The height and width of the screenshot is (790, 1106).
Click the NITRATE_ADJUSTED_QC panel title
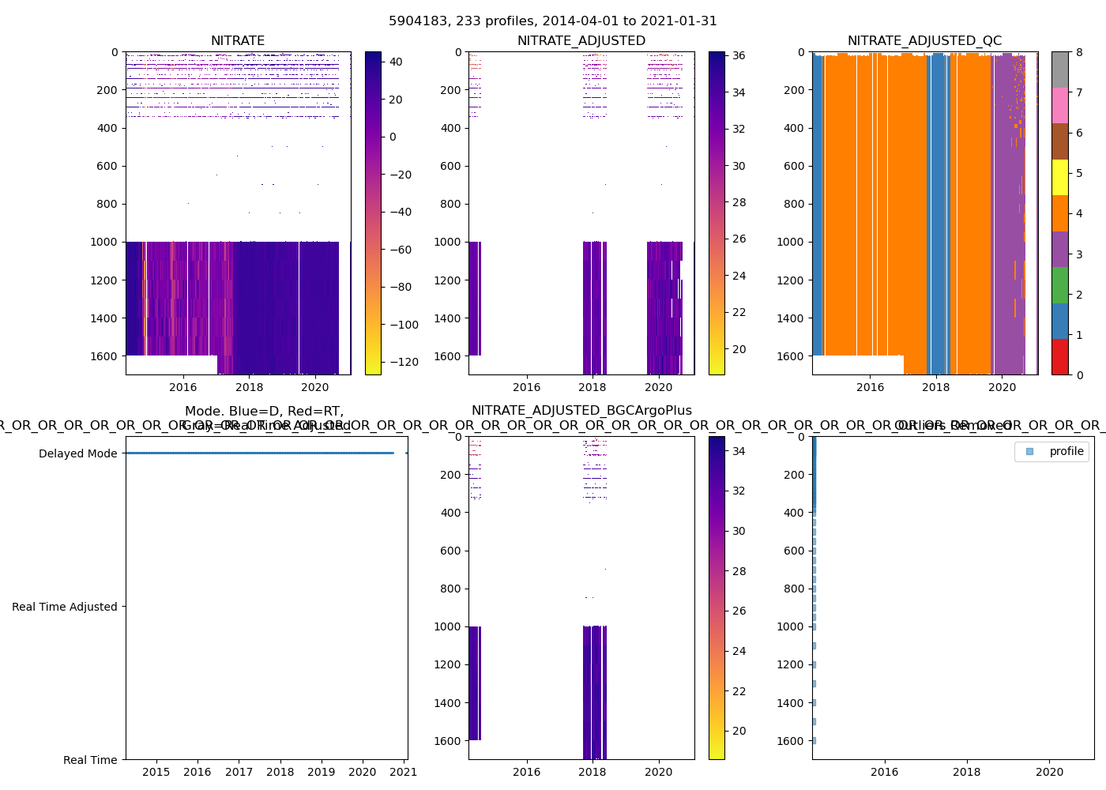(924, 41)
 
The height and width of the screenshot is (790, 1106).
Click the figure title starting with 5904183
(553, 21)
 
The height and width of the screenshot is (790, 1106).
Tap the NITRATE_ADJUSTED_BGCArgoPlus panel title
(581, 411)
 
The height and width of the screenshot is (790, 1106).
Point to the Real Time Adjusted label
(64, 607)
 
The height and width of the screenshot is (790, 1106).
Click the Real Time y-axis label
(90, 760)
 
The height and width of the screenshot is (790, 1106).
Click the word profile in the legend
(1066, 451)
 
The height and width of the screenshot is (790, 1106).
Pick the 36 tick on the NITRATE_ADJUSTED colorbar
(739, 56)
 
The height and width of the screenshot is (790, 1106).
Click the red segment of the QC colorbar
(1059, 357)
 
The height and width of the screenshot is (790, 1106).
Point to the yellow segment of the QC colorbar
(1059, 177)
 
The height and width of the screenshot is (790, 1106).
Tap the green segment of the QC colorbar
(1059, 285)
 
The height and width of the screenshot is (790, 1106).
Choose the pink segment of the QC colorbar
(1059, 105)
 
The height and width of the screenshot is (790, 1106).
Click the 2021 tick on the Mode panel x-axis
(404, 772)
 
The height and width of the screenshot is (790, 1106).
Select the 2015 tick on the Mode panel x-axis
(156, 772)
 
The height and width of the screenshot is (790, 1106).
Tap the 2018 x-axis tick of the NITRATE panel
(250, 387)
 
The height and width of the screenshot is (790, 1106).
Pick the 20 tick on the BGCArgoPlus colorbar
(739, 732)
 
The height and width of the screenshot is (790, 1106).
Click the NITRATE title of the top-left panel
(238, 41)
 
